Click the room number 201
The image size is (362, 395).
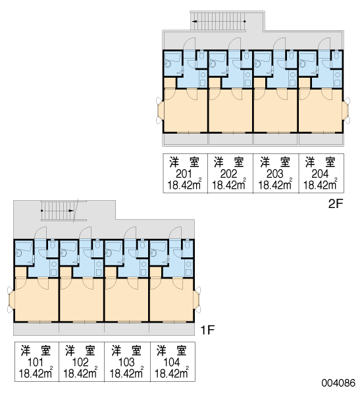[184, 174]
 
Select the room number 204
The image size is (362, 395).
[320, 174]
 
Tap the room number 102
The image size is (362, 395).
[80, 362]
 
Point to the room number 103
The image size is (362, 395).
[126, 362]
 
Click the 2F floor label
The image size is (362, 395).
[336, 204]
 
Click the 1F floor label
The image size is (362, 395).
[207, 330]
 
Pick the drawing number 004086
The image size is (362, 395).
[338, 383]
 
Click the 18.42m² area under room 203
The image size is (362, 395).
[275, 184]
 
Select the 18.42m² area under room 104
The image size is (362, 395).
[171, 373]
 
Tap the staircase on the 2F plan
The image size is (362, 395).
[219, 22]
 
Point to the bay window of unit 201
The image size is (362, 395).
[160, 111]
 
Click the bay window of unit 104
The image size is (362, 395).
[197, 300]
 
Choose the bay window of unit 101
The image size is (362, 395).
[11, 300]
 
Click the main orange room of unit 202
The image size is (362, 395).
[230, 111]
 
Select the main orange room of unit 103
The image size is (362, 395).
[126, 300]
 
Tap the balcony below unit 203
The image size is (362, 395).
[276, 139]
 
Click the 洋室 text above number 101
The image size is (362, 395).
[36, 350]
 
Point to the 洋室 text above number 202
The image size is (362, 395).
[229, 162]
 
